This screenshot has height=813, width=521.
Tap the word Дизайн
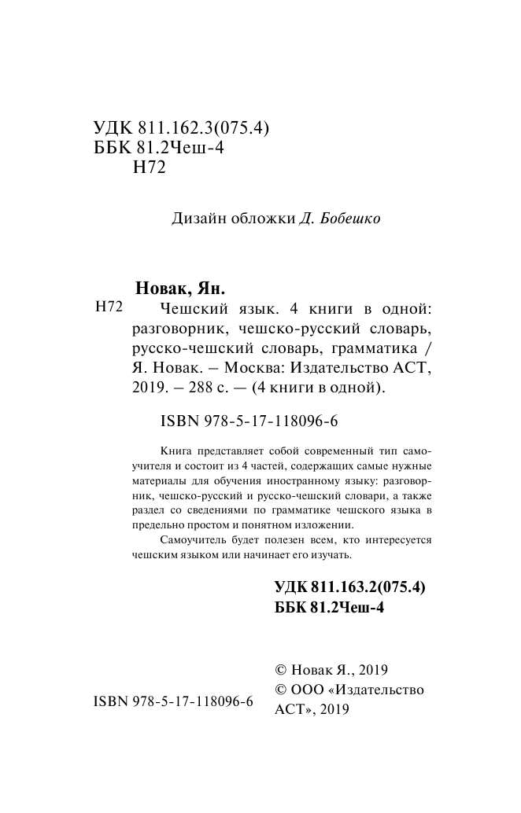tap(197, 219)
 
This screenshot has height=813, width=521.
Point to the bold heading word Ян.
tap(210, 287)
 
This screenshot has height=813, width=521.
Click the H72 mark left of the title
tap(109, 307)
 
